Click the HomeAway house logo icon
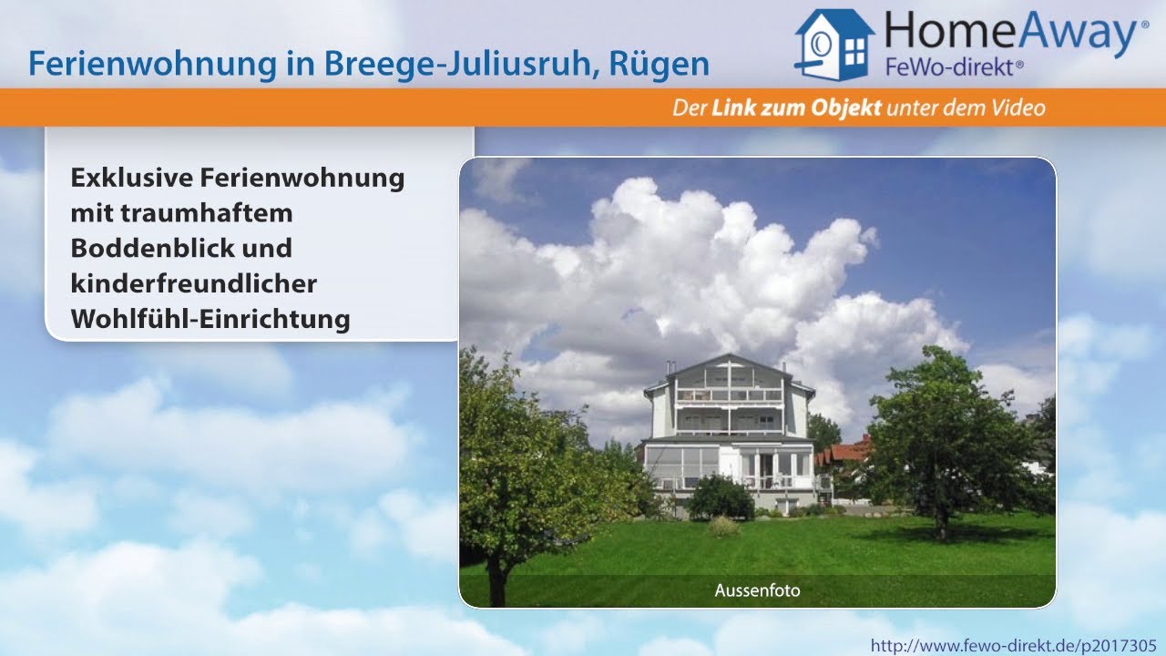point(834,44)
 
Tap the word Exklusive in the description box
point(131,177)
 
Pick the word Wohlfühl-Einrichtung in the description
point(210,319)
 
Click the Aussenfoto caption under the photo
point(757,590)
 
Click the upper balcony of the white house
point(729,395)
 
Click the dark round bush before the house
point(720,497)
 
